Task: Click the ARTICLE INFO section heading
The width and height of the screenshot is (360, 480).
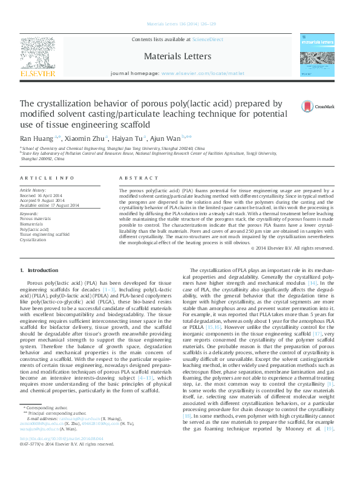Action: pyautogui.click(x=47, y=178)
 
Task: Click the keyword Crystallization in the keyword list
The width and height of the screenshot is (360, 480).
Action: pyautogui.click(x=33, y=240)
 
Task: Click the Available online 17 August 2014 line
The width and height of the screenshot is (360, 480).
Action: pyautogui.click(x=50, y=205)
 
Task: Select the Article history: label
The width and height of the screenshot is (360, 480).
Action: pyautogui.click(x=33, y=190)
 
